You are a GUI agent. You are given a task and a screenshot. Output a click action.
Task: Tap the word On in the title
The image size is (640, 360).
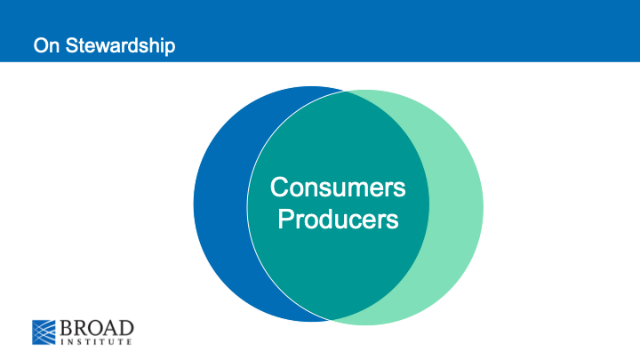pyautogui.click(x=44, y=44)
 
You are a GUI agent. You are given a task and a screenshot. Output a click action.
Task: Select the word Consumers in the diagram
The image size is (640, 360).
pyautogui.click(x=338, y=188)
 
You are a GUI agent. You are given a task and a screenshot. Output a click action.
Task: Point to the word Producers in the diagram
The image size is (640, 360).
pyautogui.click(x=338, y=219)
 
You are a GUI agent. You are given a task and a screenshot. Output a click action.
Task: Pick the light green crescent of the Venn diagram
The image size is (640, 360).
pyautogui.click(x=457, y=205)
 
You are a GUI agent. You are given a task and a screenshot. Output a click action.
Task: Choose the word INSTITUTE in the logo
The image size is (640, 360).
pyautogui.click(x=98, y=342)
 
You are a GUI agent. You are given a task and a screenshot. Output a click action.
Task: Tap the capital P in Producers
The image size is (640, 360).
pyautogui.click(x=285, y=219)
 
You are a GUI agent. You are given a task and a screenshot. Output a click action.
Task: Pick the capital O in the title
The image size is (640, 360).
pyautogui.click(x=40, y=44)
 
